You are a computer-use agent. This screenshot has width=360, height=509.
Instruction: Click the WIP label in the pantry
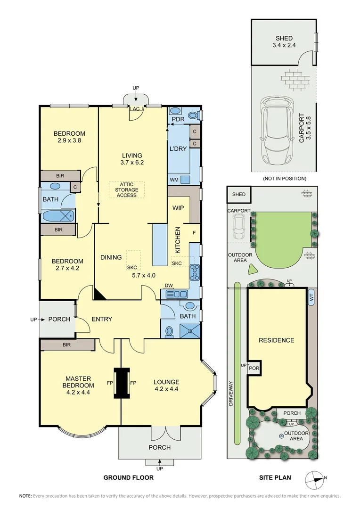(x=178, y=208)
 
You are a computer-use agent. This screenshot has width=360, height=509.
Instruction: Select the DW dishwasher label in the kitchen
(x=168, y=286)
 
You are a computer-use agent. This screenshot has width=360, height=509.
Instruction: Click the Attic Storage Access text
(x=126, y=190)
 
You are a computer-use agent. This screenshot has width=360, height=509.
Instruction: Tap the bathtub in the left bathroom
(x=58, y=216)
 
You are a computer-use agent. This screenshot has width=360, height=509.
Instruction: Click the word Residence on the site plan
(x=276, y=340)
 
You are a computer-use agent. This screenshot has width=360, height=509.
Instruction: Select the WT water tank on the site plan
(x=311, y=299)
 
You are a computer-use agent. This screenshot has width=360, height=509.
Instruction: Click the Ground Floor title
(x=129, y=477)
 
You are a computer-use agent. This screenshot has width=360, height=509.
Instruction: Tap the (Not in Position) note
(x=284, y=179)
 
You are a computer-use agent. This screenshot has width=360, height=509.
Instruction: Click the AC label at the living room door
(x=136, y=109)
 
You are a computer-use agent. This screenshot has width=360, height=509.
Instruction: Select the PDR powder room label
(x=178, y=120)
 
